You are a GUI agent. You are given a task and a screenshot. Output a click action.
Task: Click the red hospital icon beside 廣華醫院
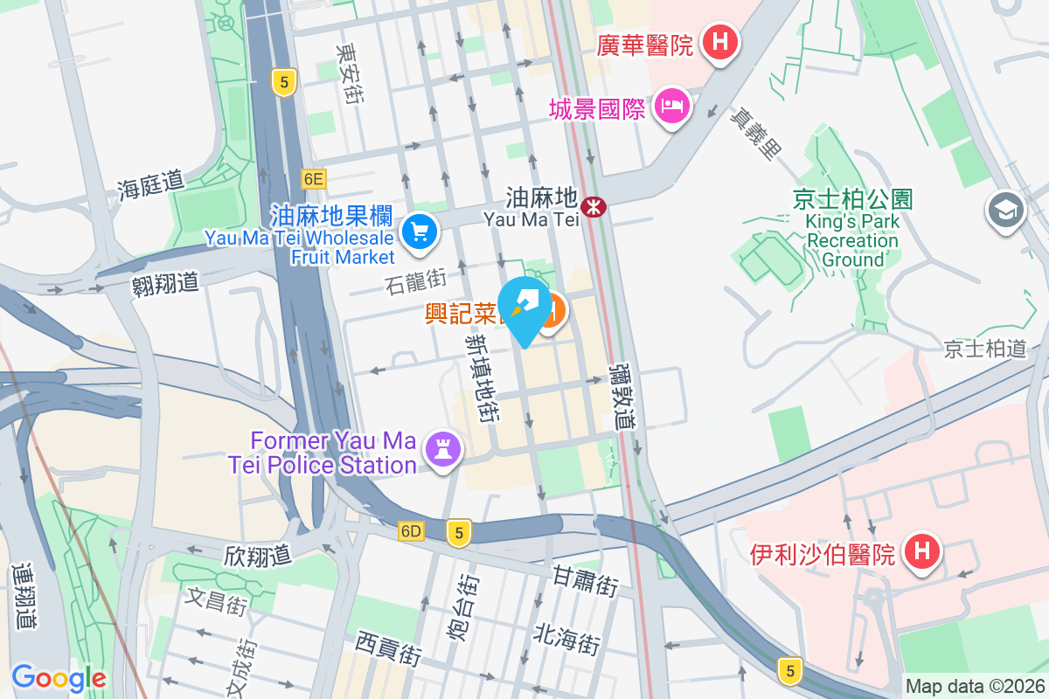pos(721,41)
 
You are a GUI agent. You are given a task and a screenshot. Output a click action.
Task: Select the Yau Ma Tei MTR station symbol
pos(594,207)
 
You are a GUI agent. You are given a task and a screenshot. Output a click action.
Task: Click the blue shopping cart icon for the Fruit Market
pos(420,232)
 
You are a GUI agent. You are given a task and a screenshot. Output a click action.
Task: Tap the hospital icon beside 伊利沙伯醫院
pos(920,550)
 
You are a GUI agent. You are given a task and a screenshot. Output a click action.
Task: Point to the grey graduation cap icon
pos(1005,211)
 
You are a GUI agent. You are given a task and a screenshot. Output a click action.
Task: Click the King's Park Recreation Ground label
pos(852,229)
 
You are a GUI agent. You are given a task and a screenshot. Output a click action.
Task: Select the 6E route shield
pos(314,179)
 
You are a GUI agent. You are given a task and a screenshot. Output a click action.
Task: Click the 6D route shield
pos(411,531)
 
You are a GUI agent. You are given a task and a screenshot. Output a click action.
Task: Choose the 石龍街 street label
pos(415,281)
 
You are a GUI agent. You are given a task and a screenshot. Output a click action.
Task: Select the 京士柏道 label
pos(984,349)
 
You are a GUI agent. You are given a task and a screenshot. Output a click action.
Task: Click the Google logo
pos(59,677)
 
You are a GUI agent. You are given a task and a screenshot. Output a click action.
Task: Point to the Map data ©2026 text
pos(975,687)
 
